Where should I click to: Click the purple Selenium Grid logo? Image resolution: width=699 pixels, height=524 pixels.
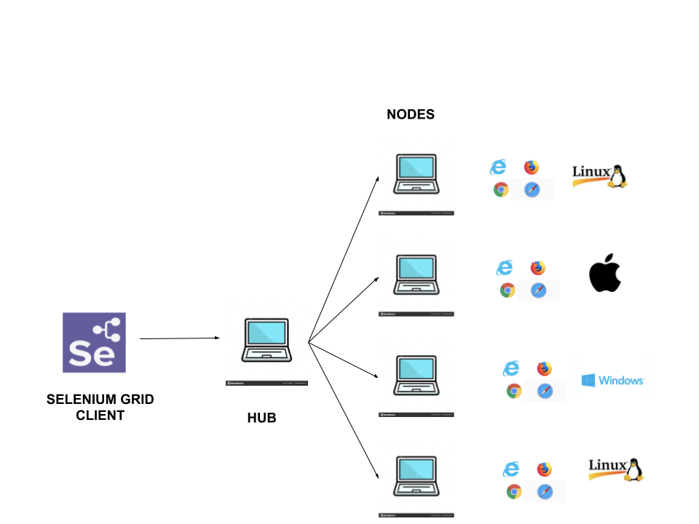[x=94, y=343]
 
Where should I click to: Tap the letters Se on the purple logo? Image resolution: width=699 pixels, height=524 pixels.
[x=91, y=354]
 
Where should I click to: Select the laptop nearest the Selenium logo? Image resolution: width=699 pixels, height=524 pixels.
[x=266, y=341]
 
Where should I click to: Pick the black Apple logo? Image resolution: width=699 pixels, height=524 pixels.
[x=605, y=274]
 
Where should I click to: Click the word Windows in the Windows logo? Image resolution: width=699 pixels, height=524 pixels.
[x=621, y=380]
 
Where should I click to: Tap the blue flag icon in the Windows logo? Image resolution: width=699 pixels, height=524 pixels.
[x=588, y=380]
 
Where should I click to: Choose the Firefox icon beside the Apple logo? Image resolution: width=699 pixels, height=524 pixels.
[x=538, y=268]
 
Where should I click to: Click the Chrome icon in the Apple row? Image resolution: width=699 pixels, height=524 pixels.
[x=508, y=290]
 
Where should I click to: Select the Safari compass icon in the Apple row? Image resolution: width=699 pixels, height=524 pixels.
[x=539, y=290]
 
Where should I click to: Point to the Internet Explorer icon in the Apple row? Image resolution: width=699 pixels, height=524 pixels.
[x=505, y=268]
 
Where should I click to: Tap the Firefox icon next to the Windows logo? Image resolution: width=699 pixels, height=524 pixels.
[x=545, y=368]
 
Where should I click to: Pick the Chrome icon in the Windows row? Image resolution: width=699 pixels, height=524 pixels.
[x=514, y=391]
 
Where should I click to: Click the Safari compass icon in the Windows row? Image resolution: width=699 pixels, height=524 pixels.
[x=545, y=391]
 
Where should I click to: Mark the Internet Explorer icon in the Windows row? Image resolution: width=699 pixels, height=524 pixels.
[x=511, y=368]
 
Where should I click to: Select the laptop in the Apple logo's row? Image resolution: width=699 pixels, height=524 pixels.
[x=416, y=276]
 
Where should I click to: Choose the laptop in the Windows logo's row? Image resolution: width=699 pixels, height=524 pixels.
[x=416, y=376]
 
